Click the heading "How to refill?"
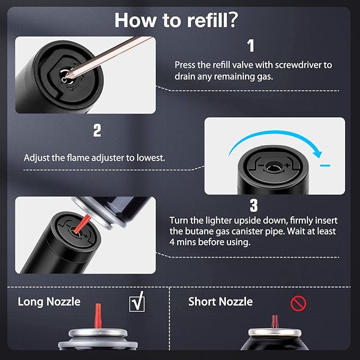[x=176, y=20]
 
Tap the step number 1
[x=251, y=46]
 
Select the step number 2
[x=97, y=130]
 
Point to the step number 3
[x=254, y=205]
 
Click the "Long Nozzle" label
[x=49, y=302]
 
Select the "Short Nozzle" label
[x=221, y=302]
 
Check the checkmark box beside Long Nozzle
[x=137, y=302]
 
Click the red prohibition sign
[x=298, y=303]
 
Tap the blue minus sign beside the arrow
[x=326, y=165]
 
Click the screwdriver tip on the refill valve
[x=67, y=75]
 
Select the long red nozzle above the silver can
[x=98, y=315]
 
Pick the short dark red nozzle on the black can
[x=275, y=322]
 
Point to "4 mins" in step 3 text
[x=182, y=242]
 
